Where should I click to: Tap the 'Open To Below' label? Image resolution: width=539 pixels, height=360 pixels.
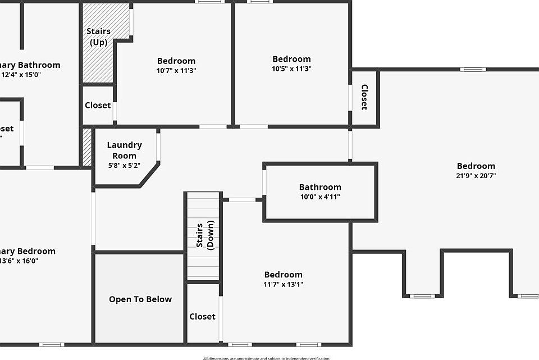click(x=140, y=299)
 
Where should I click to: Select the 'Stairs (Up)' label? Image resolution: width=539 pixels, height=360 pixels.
click(x=98, y=37)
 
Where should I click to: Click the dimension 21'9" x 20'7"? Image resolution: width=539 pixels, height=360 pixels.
click(x=476, y=176)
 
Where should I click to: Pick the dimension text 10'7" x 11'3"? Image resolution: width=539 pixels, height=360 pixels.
click(x=176, y=71)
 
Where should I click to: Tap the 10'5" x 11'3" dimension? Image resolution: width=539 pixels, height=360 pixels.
click(x=291, y=69)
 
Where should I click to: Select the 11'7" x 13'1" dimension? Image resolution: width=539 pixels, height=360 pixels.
click(x=284, y=284)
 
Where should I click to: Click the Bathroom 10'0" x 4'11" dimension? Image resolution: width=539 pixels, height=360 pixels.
click(x=320, y=197)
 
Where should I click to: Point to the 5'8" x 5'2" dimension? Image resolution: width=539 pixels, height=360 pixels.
click(x=124, y=166)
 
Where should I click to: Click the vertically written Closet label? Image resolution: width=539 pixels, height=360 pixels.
click(x=364, y=97)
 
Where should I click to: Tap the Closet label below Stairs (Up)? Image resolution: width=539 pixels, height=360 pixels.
click(x=98, y=106)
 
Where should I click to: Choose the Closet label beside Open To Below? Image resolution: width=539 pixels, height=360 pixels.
click(x=202, y=317)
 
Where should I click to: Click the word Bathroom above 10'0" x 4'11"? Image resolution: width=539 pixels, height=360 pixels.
click(x=320, y=187)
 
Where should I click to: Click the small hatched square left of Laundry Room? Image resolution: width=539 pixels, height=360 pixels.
click(x=87, y=147)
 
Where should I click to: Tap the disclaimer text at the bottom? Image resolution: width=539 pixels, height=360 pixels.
click(x=266, y=358)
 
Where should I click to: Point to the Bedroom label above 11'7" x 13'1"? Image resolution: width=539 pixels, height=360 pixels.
click(x=284, y=275)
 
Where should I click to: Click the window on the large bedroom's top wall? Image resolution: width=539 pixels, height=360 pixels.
click(x=473, y=70)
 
